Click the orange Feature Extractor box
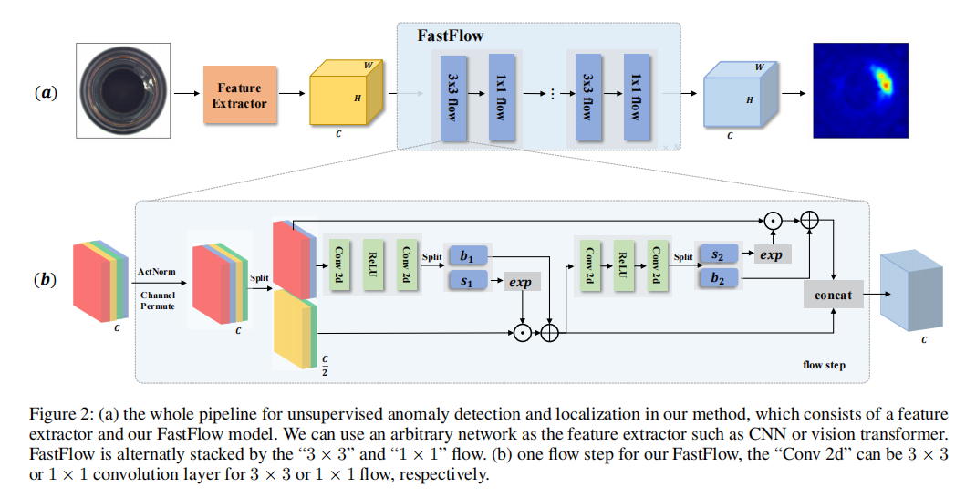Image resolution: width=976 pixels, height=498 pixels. pos(240,95)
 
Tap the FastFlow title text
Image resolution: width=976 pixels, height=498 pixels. pos(450,36)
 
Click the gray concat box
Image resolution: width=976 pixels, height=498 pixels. pos(833,295)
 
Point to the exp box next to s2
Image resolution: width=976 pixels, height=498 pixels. pos(771,255)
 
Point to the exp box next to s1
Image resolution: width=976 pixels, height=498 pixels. pos(520,283)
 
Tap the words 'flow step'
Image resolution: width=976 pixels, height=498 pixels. pos(824,365)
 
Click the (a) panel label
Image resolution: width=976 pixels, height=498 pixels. pos(46,92)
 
